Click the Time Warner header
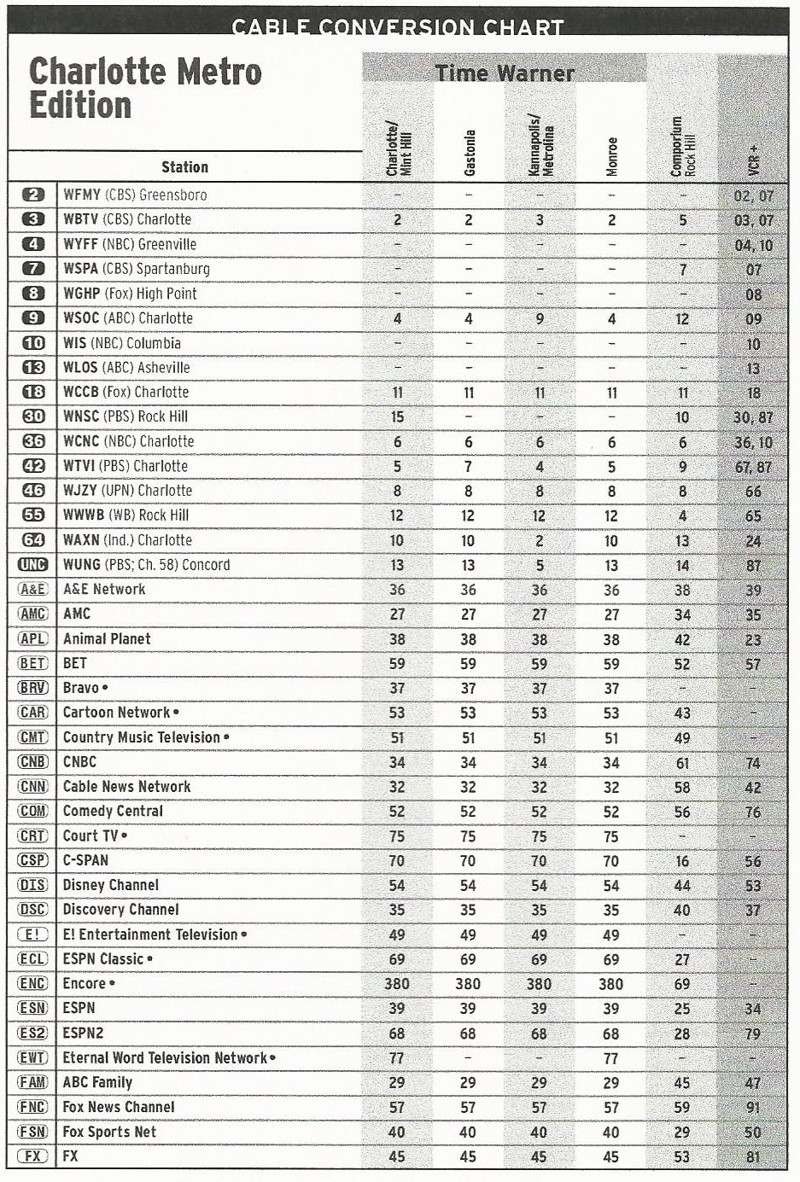click(x=505, y=73)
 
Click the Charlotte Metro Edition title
click(x=145, y=89)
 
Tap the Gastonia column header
click(x=469, y=153)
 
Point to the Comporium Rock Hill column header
click(x=682, y=147)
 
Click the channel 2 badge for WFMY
click(x=33, y=195)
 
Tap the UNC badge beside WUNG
click(x=33, y=565)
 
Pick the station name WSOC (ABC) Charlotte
click(x=128, y=318)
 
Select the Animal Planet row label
click(x=107, y=638)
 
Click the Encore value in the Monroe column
click(x=610, y=984)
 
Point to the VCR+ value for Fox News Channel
click(x=752, y=1108)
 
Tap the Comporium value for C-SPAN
click(x=681, y=861)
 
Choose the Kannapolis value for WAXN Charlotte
click(x=539, y=540)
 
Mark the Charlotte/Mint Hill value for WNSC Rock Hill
click(x=397, y=417)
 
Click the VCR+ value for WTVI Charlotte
click(x=752, y=467)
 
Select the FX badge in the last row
click(x=33, y=1156)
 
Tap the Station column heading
click(x=184, y=167)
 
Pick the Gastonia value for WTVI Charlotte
click(x=468, y=467)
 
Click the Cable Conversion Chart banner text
click(x=398, y=27)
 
